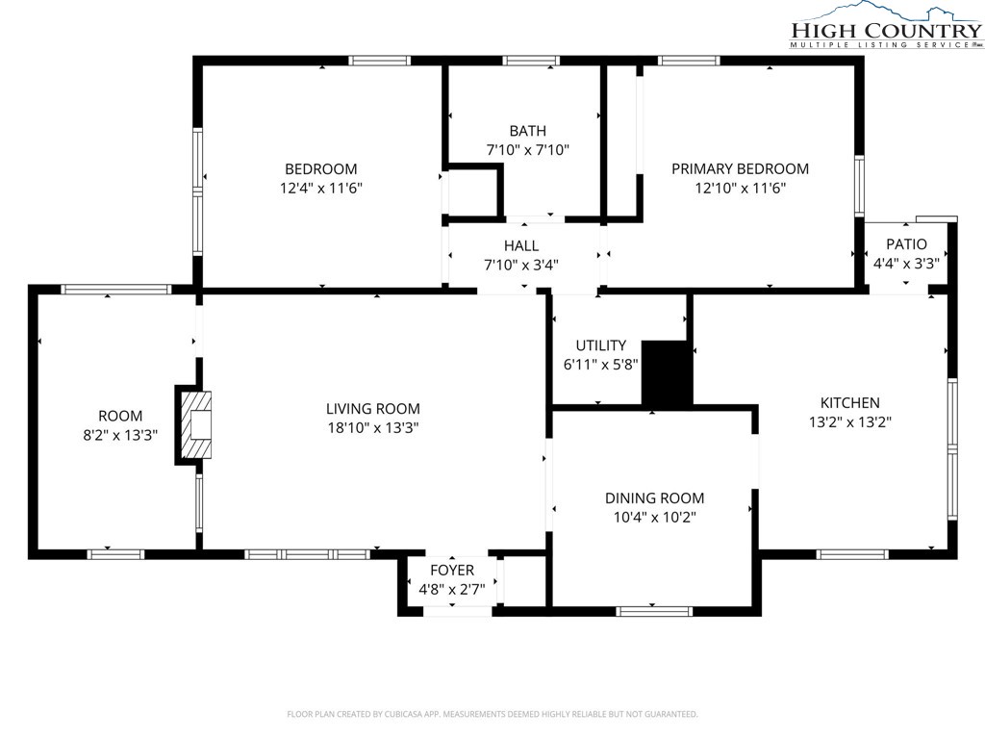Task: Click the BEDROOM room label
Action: (x=321, y=169)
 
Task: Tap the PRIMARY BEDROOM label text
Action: (x=740, y=168)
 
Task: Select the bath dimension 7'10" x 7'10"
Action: (x=528, y=150)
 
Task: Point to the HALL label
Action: (x=520, y=245)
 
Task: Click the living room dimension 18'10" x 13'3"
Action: (x=373, y=428)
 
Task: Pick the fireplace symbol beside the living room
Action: (x=195, y=425)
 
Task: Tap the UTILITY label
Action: (x=601, y=345)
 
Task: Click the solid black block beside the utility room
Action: (x=667, y=373)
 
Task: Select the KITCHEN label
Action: (x=850, y=403)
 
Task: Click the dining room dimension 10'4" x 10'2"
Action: (x=654, y=518)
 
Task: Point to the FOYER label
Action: (x=452, y=571)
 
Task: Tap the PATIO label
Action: (x=906, y=244)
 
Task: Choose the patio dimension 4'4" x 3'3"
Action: (x=906, y=264)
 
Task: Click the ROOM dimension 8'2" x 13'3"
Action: (x=120, y=435)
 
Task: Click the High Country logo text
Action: (x=886, y=30)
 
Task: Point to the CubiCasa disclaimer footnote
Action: (x=492, y=714)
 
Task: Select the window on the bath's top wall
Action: (x=531, y=61)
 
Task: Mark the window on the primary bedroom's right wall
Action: (x=859, y=186)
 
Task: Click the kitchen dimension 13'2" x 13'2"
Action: (x=850, y=422)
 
